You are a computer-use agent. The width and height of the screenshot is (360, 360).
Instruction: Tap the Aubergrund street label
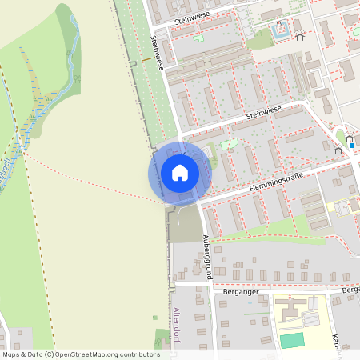[x=206, y=255]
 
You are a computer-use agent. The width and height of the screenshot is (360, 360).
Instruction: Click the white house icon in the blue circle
[x=180, y=173]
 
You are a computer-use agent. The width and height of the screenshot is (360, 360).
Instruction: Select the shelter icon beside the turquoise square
[x=300, y=36]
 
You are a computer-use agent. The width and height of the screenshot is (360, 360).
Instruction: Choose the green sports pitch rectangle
[x=292, y=340]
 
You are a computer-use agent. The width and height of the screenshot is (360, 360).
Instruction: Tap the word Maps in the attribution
[x=11, y=354]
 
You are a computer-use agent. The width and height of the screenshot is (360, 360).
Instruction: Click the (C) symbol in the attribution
[x=50, y=354]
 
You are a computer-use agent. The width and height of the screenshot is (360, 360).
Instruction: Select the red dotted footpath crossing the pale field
[x=88, y=178]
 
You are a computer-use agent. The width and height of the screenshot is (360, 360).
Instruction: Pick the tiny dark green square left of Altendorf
[x=156, y=318]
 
